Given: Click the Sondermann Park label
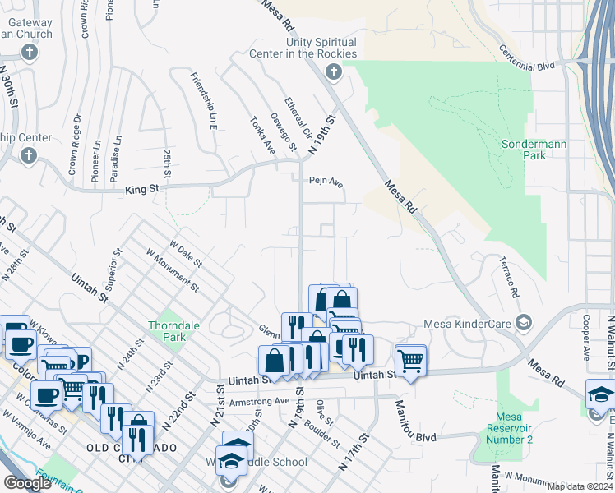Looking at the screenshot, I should [x=534, y=149].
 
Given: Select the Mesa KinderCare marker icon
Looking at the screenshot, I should [x=520, y=320].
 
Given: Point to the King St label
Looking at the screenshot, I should [x=141, y=190].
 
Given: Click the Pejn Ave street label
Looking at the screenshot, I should [x=326, y=182].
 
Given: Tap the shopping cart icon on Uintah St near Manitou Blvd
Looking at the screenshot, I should [x=410, y=360].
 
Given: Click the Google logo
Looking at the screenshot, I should [x=27, y=483].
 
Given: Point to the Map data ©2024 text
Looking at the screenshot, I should [x=580, y=486].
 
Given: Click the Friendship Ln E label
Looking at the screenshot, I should [x=203, y=98].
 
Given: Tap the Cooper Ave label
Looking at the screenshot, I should [x=586, y=337].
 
